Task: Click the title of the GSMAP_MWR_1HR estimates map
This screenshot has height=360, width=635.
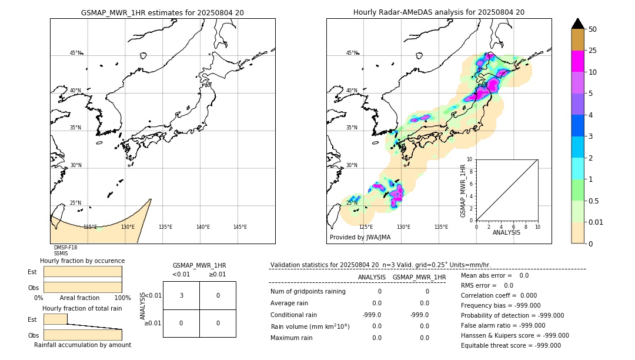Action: [162, 12]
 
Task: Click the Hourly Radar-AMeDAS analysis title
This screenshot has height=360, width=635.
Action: [439, 12]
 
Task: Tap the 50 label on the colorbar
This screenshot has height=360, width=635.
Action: [593, 29]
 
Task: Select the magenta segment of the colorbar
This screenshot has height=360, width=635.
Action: [578, 61]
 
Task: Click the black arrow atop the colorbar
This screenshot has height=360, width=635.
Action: [578, 24]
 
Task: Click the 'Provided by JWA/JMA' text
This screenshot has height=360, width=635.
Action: [360, 237]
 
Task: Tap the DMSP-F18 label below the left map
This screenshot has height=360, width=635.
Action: [65, 248]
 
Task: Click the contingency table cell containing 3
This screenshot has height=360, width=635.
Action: [181, 295]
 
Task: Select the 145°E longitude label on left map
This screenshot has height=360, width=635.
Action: [240, 227]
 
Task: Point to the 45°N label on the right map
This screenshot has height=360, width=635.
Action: [352, 53]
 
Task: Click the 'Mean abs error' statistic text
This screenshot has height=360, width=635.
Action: [494, 275]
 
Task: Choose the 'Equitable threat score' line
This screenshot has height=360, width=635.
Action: [510, 345]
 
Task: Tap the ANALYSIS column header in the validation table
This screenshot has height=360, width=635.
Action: [372, 277]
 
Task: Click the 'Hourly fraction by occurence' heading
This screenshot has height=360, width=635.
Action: [82, 261]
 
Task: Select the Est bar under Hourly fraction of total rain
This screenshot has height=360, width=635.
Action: [56, 319]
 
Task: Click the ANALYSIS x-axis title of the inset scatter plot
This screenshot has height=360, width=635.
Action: [506, 232]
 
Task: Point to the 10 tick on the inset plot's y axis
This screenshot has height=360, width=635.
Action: [470, 159]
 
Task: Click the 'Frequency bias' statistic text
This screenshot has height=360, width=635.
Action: [500, 305]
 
